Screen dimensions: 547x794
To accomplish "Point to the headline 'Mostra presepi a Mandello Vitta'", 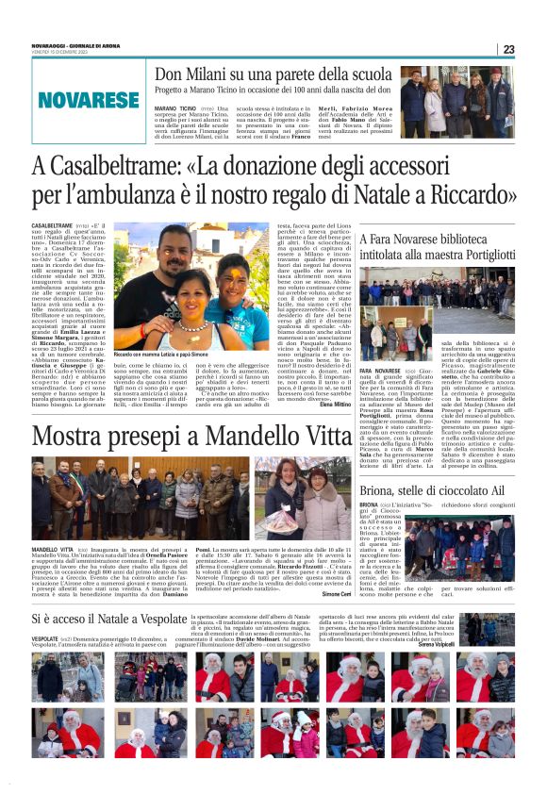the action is coord(192,437).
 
